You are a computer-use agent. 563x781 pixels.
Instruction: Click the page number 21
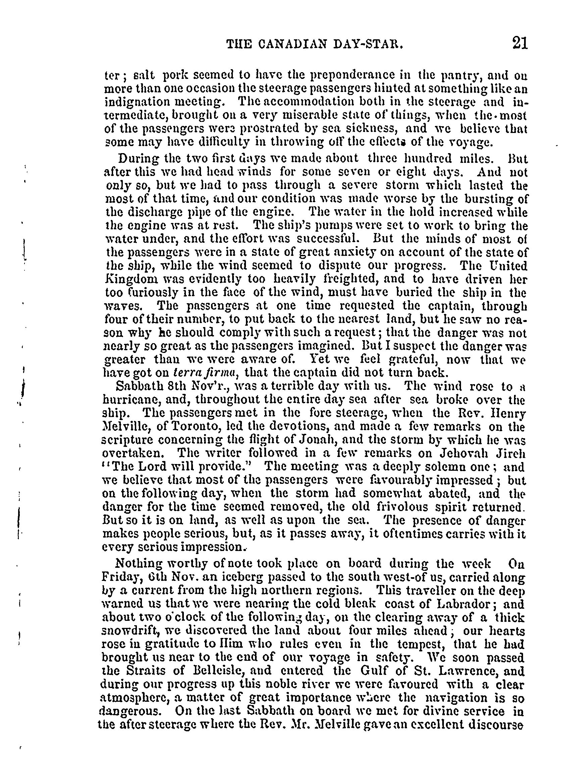point(520,44)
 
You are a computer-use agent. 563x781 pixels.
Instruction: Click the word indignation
point(136,102)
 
